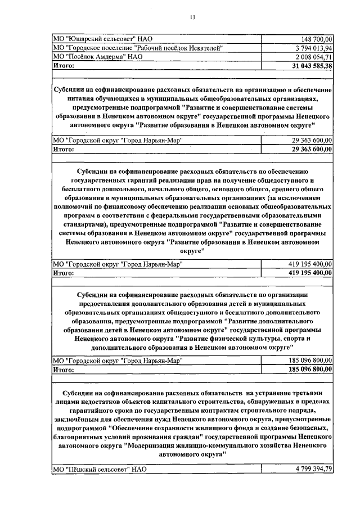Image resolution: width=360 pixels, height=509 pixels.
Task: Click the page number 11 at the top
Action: pyautogui.click(x=192, y=17)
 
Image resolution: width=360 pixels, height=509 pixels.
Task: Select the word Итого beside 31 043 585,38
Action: pyautogui.click(x=63, y=66)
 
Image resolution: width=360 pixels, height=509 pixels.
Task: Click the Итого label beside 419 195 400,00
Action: pyautogui.click(x=63, y=272)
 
